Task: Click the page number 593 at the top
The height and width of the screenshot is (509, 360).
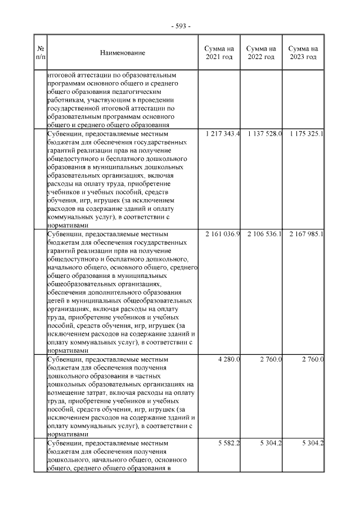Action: point(180,26)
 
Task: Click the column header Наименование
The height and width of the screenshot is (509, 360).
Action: point(122,53)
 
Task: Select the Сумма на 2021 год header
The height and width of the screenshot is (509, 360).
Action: point(219,53)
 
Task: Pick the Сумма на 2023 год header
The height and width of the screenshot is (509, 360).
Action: point(303,53)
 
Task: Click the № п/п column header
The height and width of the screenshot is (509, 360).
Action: point(40,53)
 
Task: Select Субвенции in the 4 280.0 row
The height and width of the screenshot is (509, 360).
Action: point(66,359)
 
